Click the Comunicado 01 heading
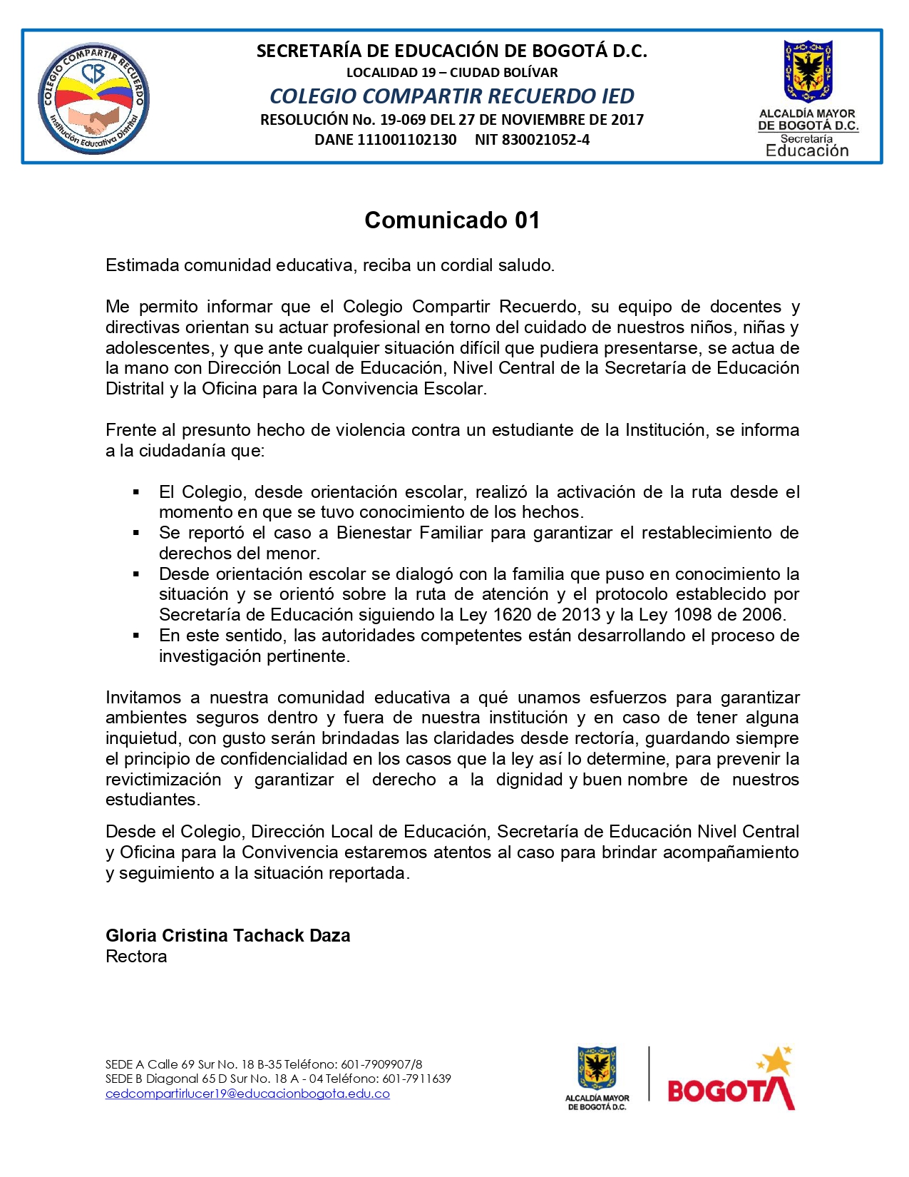pyautogui.click(x=452, y=220)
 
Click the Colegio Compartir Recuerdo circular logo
pyautogui.click(x=93, y=98)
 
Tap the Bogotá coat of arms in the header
pyautogui.click(x=808, y=71)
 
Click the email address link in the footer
pyautogui.click(x=247, y=1094)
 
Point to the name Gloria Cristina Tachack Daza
pyautogui.click(x=227, y=935)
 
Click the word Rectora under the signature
pyautogui.click(x=136, y=957)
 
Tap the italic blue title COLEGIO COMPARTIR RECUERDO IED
pyautogui.click(x=452, y=96)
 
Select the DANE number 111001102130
pyautogui.click(x=406, y=140)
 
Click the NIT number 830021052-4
pyautogui.click(x=545, y=140)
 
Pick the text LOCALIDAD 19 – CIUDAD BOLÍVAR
pyautogui.click(x=452, y=72)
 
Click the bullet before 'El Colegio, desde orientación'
pyautogui.click(x=135, y=492)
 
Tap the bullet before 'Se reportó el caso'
pyautogui.click(x=135, y=533)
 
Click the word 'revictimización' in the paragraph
pyautogui.click(x=163, y=780)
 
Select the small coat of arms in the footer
pyautogui.click(x=597, y=1068)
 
